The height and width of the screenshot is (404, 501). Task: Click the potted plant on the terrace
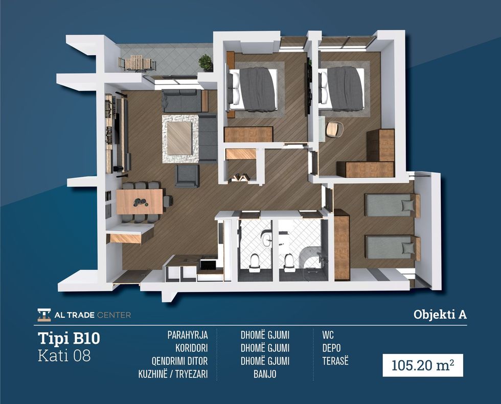tap(206, 62)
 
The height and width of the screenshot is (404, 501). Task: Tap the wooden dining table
tap(140, 201)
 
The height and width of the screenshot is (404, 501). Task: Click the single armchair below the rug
tap(187, 176)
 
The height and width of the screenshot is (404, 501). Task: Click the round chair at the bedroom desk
tap(334, 129)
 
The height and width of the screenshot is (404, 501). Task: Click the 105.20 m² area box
tap(423, 365)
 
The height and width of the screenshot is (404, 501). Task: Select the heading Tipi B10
tap(69, 338)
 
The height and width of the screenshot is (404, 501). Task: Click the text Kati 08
tap(64, 356)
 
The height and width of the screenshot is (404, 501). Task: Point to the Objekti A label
tap(440, 314)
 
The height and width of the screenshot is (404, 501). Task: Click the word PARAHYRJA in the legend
tap(188, 335)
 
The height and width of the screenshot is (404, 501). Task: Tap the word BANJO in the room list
tap(265, 374)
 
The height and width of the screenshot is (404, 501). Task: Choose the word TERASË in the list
tap(335, 361)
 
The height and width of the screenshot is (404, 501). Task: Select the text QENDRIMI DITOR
tap(179, 361)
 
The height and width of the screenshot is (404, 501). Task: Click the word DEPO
tap(331, 348)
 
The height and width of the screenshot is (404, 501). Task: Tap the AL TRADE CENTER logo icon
tap(44, 315)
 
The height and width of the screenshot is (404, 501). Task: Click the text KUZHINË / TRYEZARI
tap(173, 374)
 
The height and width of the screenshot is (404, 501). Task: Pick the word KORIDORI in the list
tap(191, 348)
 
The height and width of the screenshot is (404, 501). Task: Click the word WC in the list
tap(328, 335)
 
